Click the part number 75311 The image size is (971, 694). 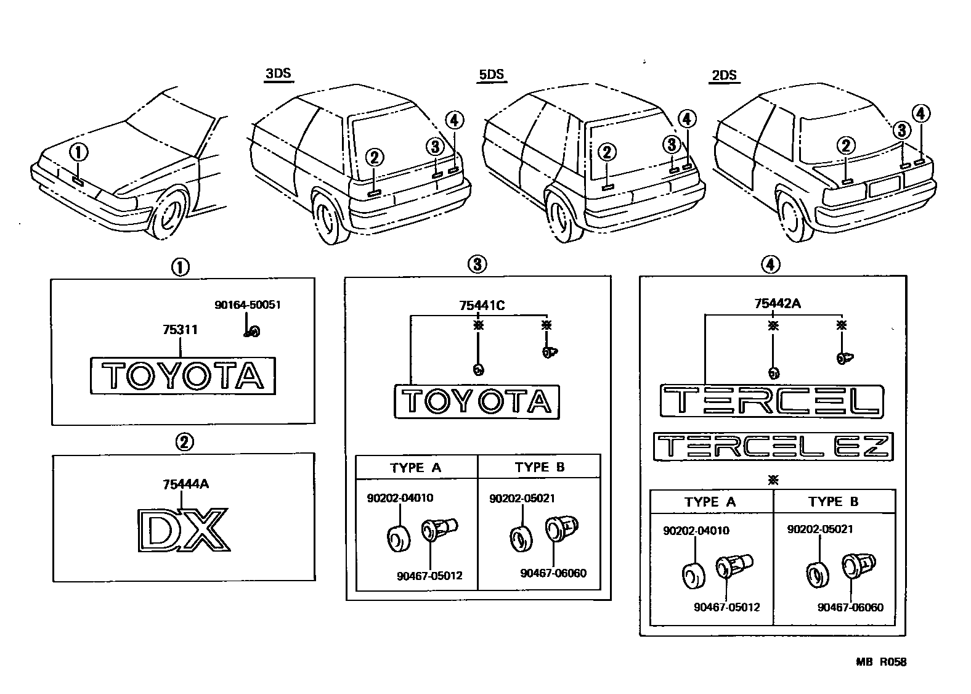coord(180,330)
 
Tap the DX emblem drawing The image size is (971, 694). coord(183,529)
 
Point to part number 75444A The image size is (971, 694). coord(185,484)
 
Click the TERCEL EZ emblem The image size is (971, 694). coord(773,446)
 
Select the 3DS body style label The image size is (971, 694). coord(277,74)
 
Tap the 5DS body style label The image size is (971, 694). coord(491,75)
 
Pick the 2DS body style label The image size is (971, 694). coord(724,76)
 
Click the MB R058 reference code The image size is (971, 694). coord(880,662)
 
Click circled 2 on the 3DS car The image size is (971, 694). coord(374,158)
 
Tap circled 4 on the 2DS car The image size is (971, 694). coord(920,114)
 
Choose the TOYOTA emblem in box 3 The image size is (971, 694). coord(477,402)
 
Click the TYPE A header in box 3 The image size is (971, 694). coord(416,468)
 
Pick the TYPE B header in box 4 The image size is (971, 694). coord(833,502)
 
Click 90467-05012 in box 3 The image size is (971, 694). coord(429,576)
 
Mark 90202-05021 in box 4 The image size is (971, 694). coord(819,529)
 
